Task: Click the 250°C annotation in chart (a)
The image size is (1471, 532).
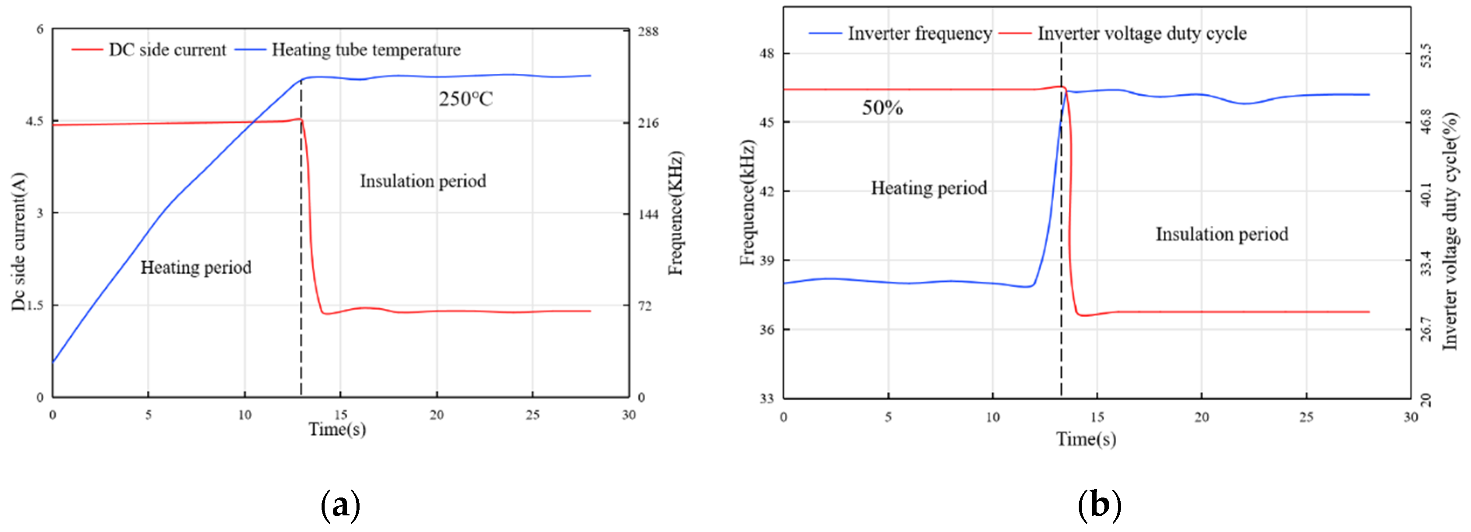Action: point(465,99)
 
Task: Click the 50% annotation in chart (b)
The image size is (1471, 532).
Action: point(882,108)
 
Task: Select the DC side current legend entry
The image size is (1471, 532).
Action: point(167,50)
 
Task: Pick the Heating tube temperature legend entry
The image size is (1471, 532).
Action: point(366,50)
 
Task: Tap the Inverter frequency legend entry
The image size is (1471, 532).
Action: point(919,34)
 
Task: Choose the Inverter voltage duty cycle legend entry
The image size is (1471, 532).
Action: point(1142,34)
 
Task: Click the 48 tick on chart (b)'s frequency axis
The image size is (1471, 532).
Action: point(766,54)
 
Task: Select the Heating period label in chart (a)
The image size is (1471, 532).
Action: point(196,268)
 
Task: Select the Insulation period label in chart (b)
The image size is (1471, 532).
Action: point(1222,234)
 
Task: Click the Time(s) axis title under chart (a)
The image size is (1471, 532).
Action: point(337,430)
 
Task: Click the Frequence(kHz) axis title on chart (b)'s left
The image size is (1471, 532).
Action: point(748,203)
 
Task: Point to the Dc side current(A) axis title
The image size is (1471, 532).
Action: point(19,242)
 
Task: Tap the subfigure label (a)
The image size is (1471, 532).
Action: point(340,504)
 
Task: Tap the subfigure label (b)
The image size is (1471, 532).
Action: point(1099,504)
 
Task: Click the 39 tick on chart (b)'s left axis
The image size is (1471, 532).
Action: point(766,260)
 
